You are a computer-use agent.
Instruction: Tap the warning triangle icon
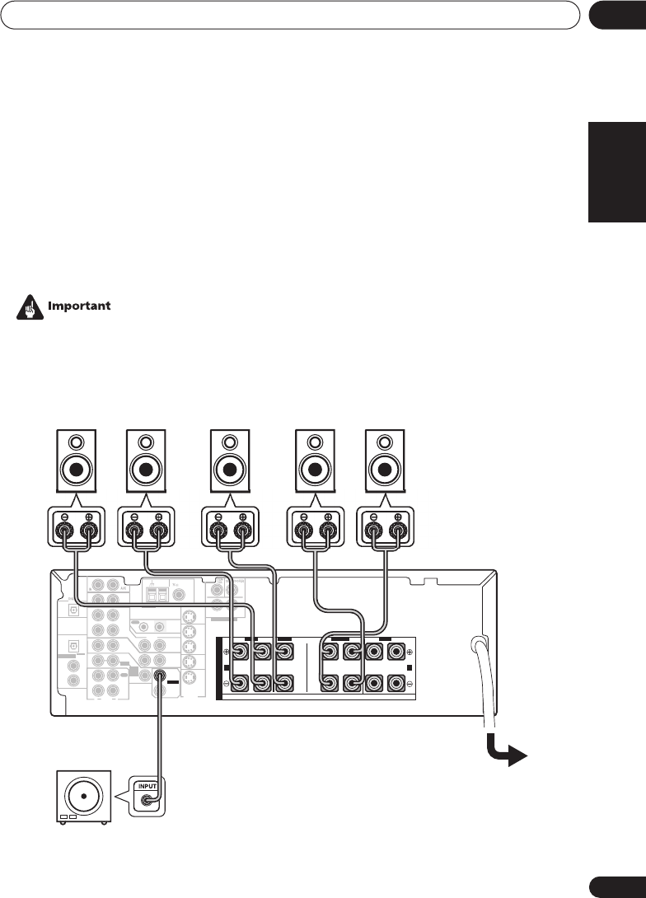30,306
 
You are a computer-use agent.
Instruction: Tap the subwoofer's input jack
148,800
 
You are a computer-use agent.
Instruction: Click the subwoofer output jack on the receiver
159,676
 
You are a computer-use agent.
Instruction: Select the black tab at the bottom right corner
618,883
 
